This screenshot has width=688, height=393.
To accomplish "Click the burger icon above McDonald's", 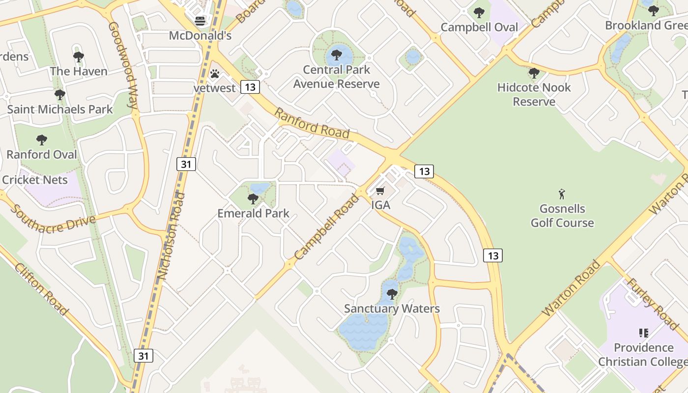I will point(200,21).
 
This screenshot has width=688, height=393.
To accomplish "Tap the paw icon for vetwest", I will point(215,74).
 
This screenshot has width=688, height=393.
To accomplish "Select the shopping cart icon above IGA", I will point(380,191).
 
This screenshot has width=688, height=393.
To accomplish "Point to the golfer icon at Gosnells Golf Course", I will point(562,194).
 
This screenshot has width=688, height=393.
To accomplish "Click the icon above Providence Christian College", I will point(643,333).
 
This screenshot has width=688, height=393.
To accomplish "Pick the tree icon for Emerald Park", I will point(253,199).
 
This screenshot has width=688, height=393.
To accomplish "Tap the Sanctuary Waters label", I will point(392,309).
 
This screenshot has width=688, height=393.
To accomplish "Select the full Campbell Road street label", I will point(327,227).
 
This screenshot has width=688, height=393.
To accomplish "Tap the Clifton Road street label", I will point(41,289).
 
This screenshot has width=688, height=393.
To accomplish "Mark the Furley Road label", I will point(652,303).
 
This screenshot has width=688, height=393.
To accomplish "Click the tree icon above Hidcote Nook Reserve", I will point(534,74).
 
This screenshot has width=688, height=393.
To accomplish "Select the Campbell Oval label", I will point(479,27).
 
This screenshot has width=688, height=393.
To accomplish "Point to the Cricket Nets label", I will point(35,180).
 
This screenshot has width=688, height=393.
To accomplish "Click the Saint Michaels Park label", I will point(60,109).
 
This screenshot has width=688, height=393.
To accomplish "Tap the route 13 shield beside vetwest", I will point(250,87).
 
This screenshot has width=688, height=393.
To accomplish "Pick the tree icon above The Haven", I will point(79,57).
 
